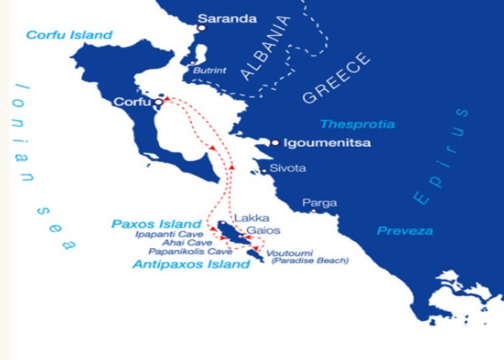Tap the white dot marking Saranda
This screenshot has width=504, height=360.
tap(202, 28)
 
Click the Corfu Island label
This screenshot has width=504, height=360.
tap(70, 35)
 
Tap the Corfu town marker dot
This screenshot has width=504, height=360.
tap(158, 102)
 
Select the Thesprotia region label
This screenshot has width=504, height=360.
tap(357, 124)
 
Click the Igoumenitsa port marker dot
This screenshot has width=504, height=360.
tap(275, 143)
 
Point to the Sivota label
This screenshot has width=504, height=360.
tap(288, 168)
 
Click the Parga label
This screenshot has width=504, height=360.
tap(319, 203)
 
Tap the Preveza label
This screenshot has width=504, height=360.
tap(405, 231)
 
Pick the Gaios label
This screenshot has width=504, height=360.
tap(263, 230)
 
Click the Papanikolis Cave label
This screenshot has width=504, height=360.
tap(190, 252)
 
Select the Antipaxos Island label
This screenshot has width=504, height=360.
tap(190, 264)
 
